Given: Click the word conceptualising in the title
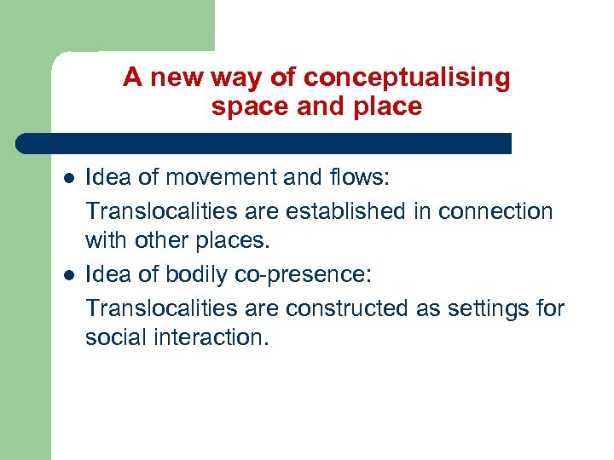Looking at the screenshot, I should [x=407, y=78].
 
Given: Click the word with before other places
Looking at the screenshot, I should [x=107, y=241].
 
